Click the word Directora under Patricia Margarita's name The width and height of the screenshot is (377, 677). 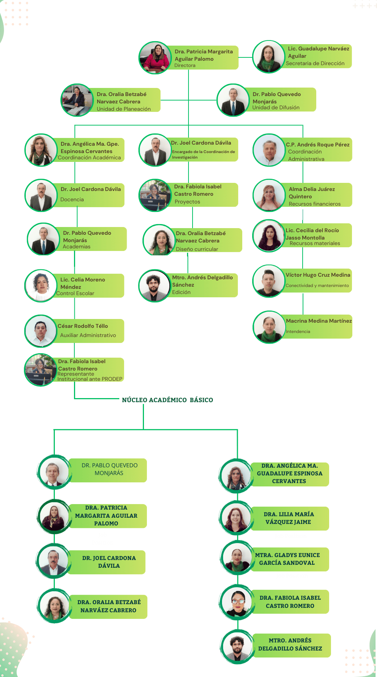pos(185,65)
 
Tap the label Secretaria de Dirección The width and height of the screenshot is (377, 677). pos(315,63)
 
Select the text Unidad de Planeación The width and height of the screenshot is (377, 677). pos(124,109)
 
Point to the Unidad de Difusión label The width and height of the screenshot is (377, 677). pos(276,107)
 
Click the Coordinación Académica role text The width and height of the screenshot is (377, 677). pos(89,157)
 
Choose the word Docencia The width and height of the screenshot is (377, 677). pos(72,199)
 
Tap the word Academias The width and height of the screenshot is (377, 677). pos(77,247)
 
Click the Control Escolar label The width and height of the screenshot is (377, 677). pos(75,293)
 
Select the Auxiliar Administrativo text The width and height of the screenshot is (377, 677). pos(88,335)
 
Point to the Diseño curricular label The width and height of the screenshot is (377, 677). pos(197,249)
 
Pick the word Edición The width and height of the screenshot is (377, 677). pos(182,292)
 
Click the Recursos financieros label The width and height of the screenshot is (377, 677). pos(315,204)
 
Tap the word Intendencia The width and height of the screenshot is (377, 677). pos(298,332)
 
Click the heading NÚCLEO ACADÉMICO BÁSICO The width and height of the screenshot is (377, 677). pos(168,400)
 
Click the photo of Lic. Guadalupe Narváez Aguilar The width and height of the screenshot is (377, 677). pos(268,57)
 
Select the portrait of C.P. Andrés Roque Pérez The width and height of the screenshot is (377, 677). pos(269,150)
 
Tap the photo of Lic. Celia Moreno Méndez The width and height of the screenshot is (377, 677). pos(41,286)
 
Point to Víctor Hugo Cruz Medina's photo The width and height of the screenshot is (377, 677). pos(269,281)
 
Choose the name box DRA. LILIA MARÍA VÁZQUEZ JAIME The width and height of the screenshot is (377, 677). pos(289,518)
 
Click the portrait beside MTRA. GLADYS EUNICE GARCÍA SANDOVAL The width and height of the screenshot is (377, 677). pos(237,559)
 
